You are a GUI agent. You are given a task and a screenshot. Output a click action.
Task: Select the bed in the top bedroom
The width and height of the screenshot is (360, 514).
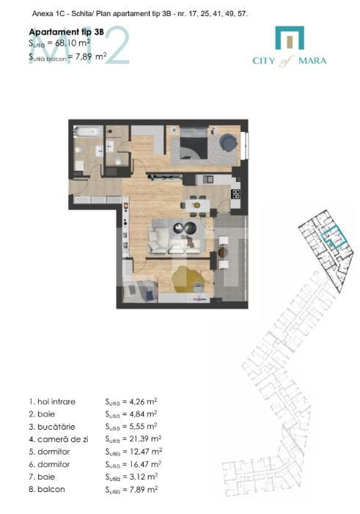click(192, 142)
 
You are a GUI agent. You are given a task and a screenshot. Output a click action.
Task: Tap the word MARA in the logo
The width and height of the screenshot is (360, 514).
click(312, 60)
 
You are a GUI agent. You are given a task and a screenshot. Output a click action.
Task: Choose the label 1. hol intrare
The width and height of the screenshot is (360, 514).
click(54, 401)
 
